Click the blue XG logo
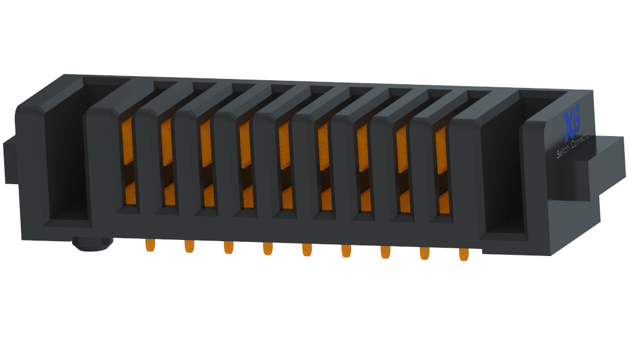click(571, 122)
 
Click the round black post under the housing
click(91, 244)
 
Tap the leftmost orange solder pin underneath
click(150, 245)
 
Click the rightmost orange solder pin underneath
click(463, 254)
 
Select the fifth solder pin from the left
click(306, 249)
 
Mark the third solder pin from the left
click(228, 247)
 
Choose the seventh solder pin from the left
click(385, 251)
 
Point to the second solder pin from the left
click(189, 245)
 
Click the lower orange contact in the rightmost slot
click(443, 203)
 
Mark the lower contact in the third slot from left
click(207, 196)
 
